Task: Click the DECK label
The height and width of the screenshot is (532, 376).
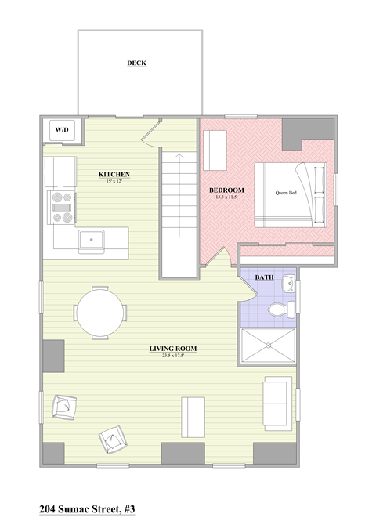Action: (137, 63)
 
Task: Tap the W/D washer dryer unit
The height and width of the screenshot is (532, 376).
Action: (61, 129)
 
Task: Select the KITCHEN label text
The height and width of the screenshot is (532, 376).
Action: (114, 173)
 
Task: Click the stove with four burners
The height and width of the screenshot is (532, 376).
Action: (61, 208)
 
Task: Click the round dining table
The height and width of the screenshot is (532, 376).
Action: (99, 312)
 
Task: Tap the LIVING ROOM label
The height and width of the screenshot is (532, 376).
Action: (173, 348)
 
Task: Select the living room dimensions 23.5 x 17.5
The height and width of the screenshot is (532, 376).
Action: (173, 355)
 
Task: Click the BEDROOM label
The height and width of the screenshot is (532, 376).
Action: (226, 190)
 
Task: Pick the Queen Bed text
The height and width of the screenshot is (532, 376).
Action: (286, 192)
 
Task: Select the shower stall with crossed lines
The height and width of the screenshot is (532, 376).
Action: (268, 346)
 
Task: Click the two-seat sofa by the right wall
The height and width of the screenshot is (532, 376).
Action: (276, 403)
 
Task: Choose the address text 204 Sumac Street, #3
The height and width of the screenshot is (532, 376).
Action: (87, 508)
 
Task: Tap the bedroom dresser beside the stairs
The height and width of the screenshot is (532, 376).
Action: (214, 149)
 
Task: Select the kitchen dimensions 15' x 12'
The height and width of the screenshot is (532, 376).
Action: (114, 181)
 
